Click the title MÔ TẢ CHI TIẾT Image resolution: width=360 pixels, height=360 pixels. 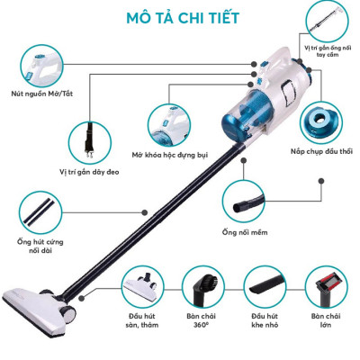coord(180,17)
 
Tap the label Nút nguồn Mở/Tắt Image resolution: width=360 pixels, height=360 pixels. coord(39,93)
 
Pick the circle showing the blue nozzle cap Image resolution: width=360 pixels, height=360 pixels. coord(322,117)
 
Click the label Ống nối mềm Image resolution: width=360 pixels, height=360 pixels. coord(249,233)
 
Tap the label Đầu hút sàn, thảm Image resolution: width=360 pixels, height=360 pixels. coord(148,323)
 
